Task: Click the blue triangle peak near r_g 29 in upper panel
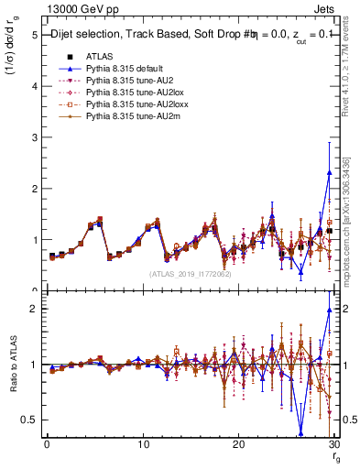point(329,172)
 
